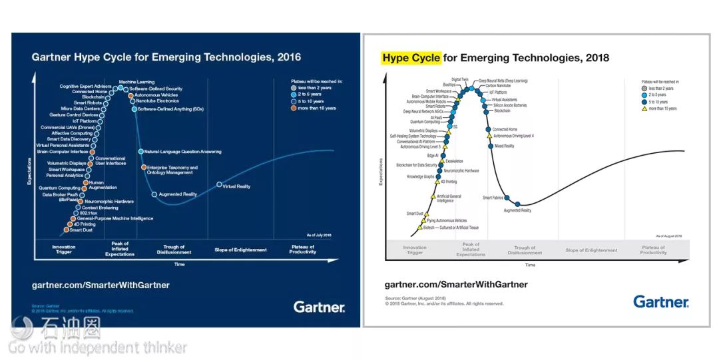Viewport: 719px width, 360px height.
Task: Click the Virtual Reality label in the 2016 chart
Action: click(236, 186)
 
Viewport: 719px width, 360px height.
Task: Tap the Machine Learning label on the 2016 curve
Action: click(137, 82)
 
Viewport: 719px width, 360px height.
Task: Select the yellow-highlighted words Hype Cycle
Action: click(411, 58)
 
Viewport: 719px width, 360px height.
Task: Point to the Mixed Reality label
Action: click(504, 146)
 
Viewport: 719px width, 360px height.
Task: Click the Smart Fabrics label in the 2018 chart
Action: click(493, 198)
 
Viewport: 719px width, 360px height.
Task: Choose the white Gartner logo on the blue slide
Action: click(319, 307)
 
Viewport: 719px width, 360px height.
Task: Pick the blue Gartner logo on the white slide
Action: click(660, 302)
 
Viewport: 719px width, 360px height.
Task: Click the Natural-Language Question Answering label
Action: click(182, 152)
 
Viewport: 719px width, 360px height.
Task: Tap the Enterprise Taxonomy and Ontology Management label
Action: click(172, 170)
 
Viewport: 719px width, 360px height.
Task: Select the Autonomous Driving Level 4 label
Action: click(513, 136)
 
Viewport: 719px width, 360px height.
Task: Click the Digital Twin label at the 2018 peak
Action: click(460, 80)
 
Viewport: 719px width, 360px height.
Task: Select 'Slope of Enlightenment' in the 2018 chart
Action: click(591, 250)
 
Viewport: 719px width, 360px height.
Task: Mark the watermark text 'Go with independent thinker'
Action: click(97, 347)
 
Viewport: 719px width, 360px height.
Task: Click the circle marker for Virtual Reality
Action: click(219, 184)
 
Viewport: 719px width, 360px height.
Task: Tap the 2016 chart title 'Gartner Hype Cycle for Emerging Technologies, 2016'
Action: click(166, 57)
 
